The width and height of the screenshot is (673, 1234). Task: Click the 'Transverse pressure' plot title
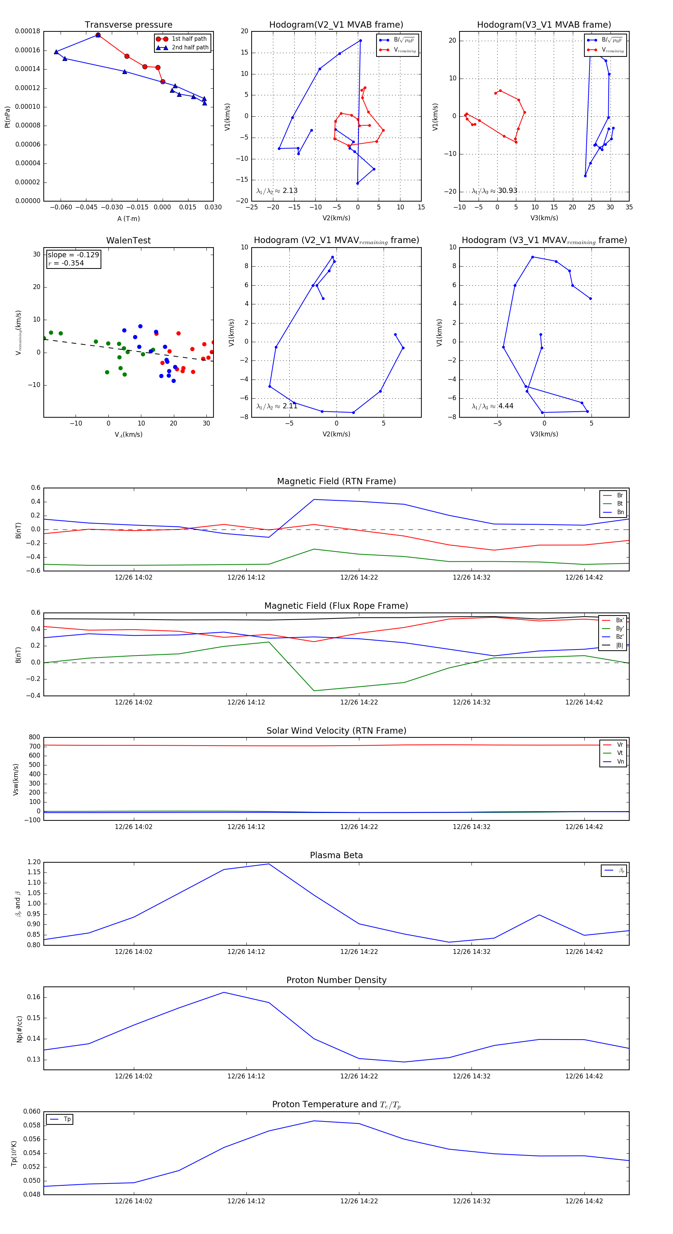click(x=128, y=25)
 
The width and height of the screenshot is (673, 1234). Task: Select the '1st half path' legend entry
click(x=189, y=39)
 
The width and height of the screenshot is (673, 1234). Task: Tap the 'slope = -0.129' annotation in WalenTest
click(x=73, y=255)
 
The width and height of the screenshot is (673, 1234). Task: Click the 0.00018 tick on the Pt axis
click(x=27, y=32)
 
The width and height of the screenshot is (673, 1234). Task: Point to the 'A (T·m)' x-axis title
click(x=128, y=218)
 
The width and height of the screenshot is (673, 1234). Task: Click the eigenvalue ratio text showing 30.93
click(x=494, y=191)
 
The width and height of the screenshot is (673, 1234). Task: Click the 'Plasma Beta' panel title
click(x=336, y=855)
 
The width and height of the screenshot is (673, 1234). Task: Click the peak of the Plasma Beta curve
click(x=269, y=864)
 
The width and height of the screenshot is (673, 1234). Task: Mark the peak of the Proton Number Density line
click(x=224, y=992)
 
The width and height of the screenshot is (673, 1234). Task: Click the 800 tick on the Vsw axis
click(x=34, y=737)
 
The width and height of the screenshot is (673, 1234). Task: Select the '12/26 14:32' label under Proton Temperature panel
click(x=471, y=1201)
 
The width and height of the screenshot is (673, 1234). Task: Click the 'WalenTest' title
click(x=128, y=240)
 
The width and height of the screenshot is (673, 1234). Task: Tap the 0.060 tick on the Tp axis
click(x=32, y=1111)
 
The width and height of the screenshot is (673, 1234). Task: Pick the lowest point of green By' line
click(x=314, y=690)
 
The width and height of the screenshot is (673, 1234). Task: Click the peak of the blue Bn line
click(x=314, y=500)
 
